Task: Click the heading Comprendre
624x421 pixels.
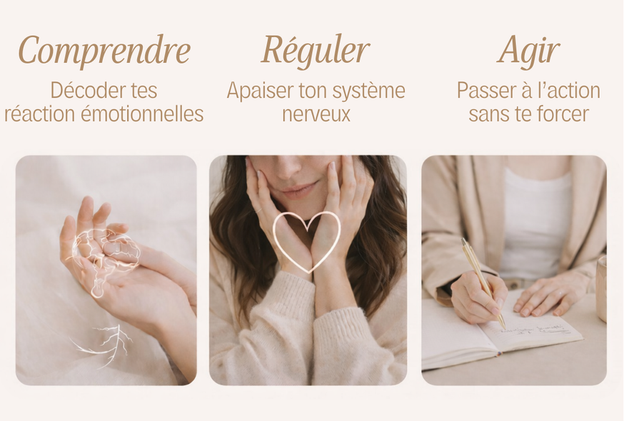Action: tap(104, 51)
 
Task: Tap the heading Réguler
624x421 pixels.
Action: tap(315, 51)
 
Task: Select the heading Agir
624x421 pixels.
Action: tap(528, 51)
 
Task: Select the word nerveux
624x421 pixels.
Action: tap(316, 113)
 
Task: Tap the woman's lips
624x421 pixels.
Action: tap(297, 189)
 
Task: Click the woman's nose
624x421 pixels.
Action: tap(291, 168)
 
